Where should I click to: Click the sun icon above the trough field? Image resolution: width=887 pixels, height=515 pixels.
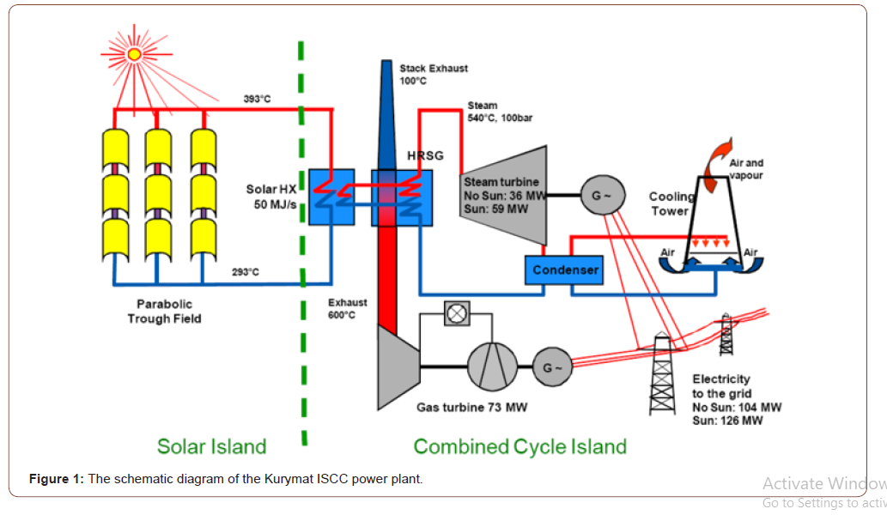tap(134, 53)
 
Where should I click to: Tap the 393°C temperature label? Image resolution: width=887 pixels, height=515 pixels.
tap(257, 100)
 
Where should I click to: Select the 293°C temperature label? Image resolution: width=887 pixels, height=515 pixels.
tap(246, 272)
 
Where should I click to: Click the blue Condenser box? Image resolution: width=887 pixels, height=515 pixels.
tap(565, 270)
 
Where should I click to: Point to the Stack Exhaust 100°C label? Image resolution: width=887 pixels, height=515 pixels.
tap(434, 75)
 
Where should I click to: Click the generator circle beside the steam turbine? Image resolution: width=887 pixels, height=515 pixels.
tap(597, 195)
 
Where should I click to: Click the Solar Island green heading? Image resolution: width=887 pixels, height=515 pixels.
tap(211, 446)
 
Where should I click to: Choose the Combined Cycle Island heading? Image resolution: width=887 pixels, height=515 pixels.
tap(519, 446)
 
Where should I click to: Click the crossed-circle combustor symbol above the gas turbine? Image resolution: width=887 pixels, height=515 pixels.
tap(457, 314)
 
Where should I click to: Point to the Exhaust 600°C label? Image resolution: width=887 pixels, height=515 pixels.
tap(347, 309)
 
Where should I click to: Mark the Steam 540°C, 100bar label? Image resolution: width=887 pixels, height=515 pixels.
tap(500, 112)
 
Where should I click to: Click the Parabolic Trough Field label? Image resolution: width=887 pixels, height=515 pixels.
tap(164, 312)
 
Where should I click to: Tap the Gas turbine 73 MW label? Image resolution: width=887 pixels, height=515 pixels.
tap(471, 407)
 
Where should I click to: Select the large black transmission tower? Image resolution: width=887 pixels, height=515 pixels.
tap(662, 373)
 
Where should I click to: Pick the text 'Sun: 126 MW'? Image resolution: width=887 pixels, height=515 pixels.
tap(727, 421)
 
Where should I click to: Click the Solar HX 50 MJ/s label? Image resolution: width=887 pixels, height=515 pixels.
tap(274, 197)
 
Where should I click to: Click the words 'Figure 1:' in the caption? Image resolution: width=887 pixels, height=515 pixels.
tap(56, 479)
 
